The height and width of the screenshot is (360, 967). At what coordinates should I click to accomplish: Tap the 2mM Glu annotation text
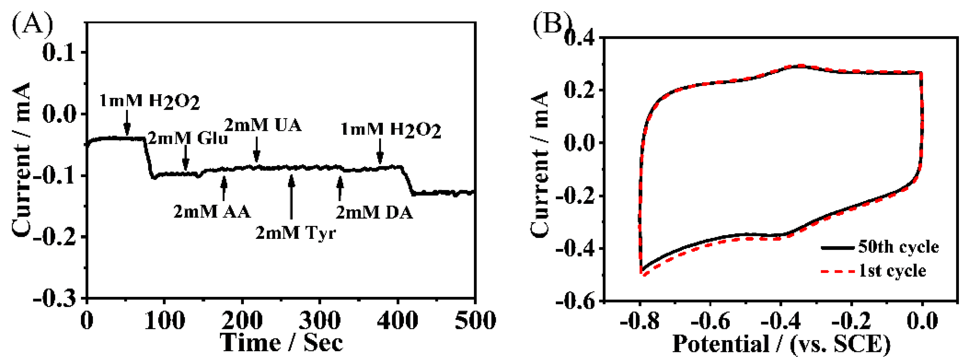(x=188, y=139)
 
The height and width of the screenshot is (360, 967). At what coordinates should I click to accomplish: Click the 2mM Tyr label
(x=295, y=233)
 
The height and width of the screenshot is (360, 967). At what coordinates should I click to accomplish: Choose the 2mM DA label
(x=374, y=213)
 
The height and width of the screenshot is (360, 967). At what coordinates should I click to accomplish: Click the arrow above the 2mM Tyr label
(x=291, y=197)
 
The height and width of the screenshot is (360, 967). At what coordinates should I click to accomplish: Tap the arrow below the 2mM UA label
(x=256, y=149)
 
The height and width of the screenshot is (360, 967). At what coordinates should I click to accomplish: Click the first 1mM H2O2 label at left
(x=149, y=101)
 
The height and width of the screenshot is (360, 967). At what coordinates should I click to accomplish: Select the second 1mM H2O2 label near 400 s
(x=390, y=130)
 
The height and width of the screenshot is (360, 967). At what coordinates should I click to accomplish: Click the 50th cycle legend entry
(x=880, y=247)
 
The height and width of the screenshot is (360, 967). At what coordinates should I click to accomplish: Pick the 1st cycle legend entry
(x=875, y=271)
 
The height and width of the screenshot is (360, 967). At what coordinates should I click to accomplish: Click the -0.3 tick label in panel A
(x=59, y=299)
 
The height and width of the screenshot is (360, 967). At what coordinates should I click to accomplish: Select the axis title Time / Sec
(x=281, y=342)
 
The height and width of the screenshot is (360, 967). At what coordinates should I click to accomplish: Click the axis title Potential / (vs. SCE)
(x=781, y=343)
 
